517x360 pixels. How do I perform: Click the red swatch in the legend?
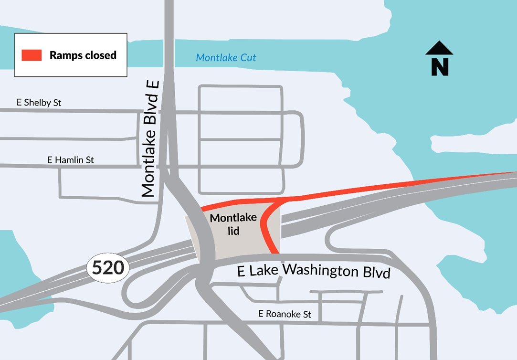(x=32, y=55)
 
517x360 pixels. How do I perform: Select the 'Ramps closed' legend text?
(x=83, y=55)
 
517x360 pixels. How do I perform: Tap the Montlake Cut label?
(x=226, y=58)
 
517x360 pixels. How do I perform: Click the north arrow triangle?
(x=439, y=48)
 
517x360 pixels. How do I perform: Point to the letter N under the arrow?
(x=440, y=66)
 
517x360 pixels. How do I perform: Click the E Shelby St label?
(x=39, y=103)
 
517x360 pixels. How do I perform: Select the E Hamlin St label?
(x=71, y=160)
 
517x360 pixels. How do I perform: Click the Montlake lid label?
(x=233, y=224)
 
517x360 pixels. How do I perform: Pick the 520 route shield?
(x=107, y=267)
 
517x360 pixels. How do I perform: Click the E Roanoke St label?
(x=285, y=314)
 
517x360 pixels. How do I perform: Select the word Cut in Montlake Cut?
(x=248, y=58)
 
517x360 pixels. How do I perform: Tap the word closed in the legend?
(x=100, y=55)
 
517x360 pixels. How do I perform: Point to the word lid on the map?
(x=233, y=231)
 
